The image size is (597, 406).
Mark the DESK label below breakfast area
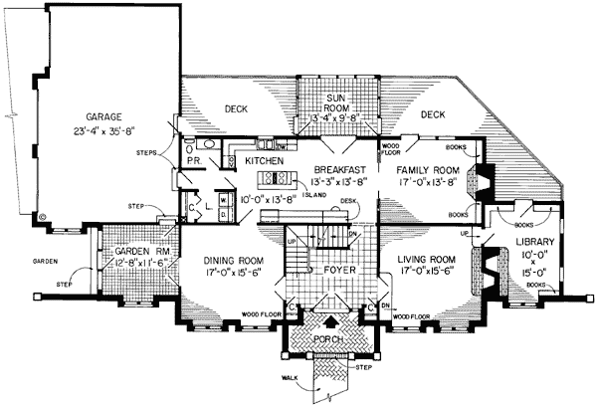pos(347,200)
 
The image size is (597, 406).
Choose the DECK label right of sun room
pos(431,115)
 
